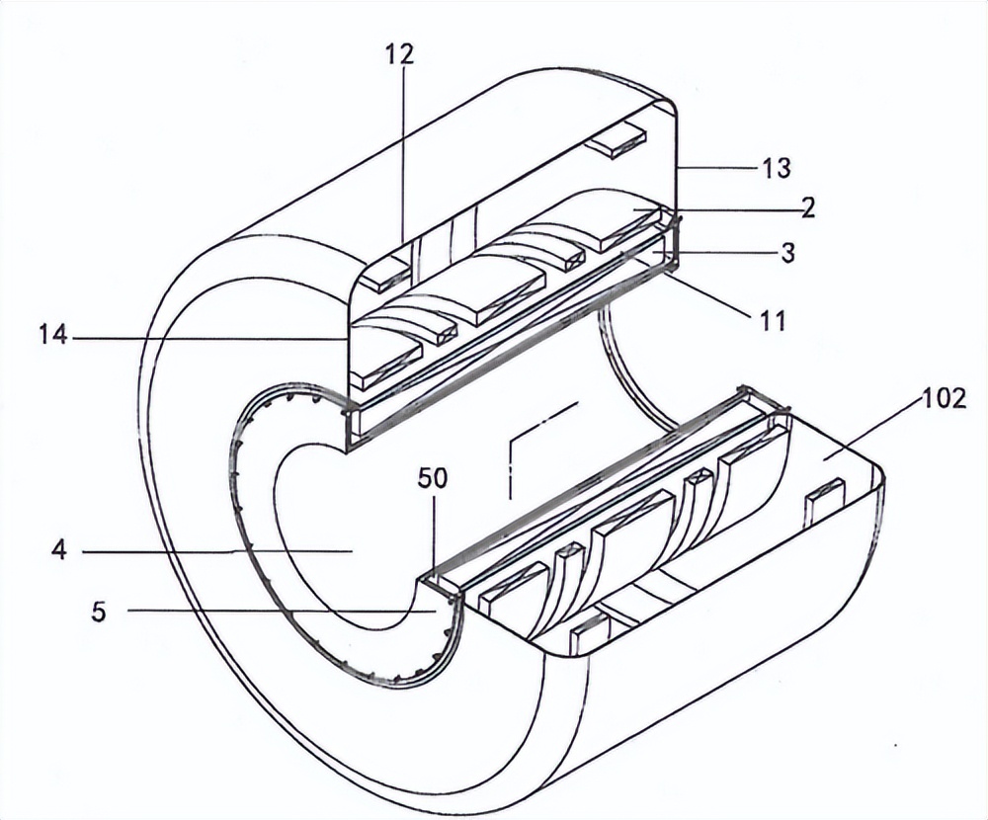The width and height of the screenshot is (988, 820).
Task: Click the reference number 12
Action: coord(401,55)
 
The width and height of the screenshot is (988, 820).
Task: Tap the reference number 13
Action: coord(777,168)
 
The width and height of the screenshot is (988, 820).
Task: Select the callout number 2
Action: coord(807,207)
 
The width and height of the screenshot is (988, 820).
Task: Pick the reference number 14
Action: coord(53,337)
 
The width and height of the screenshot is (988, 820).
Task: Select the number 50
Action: coord(432,478)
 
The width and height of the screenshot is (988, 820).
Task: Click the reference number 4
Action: coord(59,550)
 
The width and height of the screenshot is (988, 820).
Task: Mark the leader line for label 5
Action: coord(277,612)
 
